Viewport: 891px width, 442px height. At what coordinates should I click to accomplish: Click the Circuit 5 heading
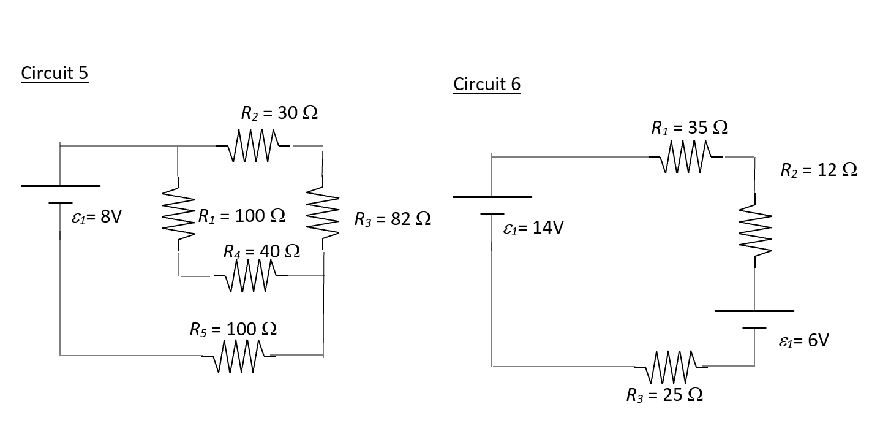point(55,73)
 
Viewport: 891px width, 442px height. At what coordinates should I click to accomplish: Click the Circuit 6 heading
point(487,84)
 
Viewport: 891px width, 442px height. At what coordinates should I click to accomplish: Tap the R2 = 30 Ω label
point(279,113)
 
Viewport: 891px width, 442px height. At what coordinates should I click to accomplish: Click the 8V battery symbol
point(60,194)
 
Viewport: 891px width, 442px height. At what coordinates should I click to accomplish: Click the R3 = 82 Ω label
point(393,219)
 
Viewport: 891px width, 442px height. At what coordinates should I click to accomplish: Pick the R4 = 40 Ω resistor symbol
point(250,276)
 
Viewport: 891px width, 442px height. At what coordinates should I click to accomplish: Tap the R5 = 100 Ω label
point(233,329)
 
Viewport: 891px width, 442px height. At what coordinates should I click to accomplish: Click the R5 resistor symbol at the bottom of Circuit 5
point(239,356)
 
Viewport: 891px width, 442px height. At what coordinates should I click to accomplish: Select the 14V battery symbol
point(492,205)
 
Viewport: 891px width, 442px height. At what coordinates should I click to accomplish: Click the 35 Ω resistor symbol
point(686,158)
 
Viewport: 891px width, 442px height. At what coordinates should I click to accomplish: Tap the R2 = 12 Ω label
point(819,170)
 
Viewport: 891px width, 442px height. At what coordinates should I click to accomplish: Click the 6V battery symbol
point(754,319)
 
